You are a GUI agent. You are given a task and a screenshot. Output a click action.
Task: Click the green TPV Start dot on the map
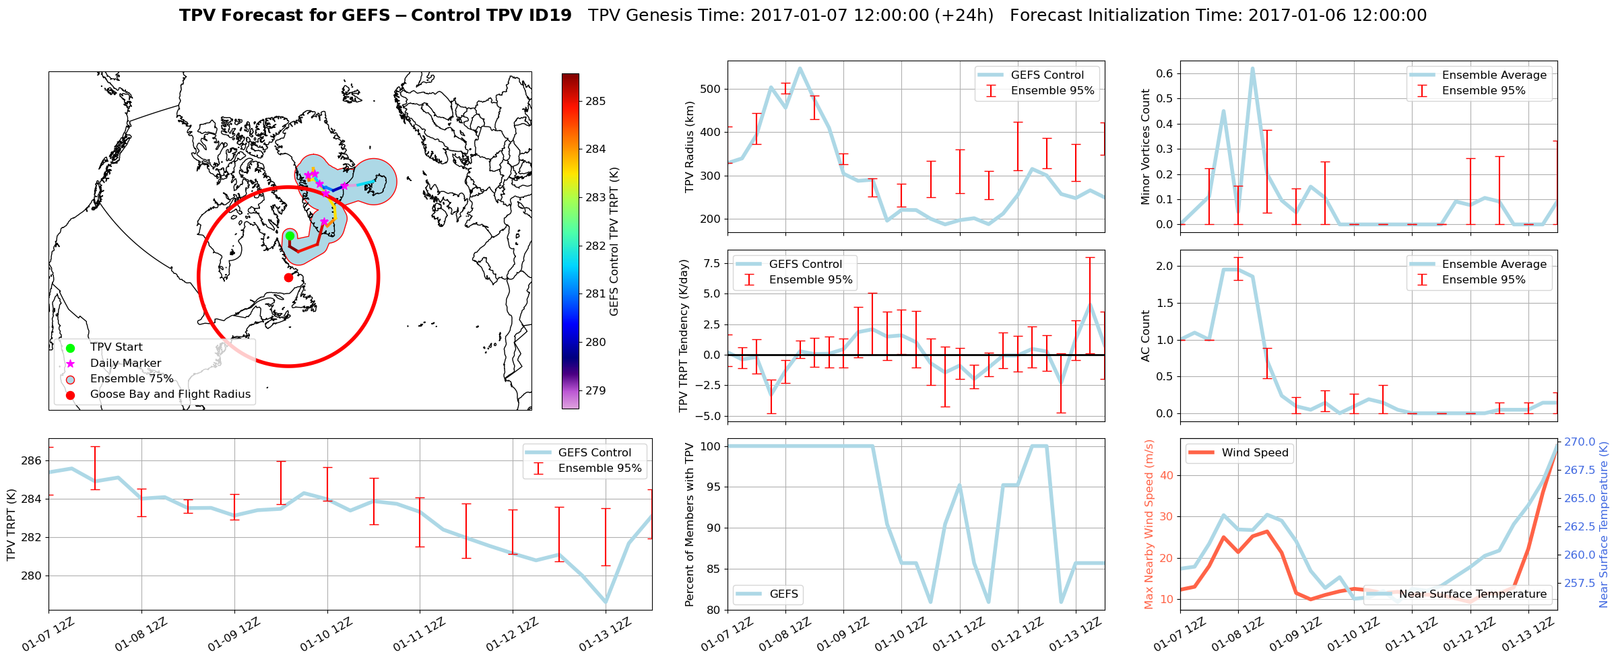pyautogui.click(x=290, y=236)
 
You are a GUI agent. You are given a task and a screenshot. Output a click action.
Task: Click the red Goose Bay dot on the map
pyautogui.click(x=288, y=277)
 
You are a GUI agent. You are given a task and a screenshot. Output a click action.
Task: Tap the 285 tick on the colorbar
pyautogui.click(x=595, y=101)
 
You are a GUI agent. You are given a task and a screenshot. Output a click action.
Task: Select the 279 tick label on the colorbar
pyautogui.click(x=595, y=390)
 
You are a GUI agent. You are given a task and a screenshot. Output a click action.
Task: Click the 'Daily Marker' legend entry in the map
pyautogui.click(x=125, y=363)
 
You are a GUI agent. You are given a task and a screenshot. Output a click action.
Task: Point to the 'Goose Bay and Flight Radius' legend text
pyautogui.click(x=170, y=394)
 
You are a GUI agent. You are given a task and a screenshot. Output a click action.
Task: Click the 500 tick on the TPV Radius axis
pyautogui.click(x=711, y=89)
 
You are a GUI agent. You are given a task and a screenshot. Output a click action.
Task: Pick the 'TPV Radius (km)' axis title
pyautogui.click(x=689, y=147)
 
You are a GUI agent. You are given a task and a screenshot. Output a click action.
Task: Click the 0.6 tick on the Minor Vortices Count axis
pyautogui.click(x=1164, y=73)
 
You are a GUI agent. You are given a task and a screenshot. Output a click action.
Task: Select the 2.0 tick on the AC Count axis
pyautogui.click(x=1165, y=266)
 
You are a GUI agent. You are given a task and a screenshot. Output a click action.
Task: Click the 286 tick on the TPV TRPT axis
pyautogui.click(x=31, y=460)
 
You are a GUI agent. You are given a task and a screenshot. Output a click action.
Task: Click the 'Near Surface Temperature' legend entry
pyautogui.click(x=1473, y=594)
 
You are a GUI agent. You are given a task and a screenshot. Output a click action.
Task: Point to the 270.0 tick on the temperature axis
pyautogui.click(x=1580, y=442)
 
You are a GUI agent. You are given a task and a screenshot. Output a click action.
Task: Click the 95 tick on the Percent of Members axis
pyautogui.click(x=713, y=487)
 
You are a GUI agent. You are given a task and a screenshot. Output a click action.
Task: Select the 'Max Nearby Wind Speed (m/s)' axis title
pyautogui.click(x=1149, y=524)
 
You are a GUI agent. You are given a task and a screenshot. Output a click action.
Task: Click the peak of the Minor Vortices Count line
pyautogui.click(x=1252, y=68)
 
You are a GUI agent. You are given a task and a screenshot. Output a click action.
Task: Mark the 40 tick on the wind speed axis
pyautogui.click(x=1166, y=475)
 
